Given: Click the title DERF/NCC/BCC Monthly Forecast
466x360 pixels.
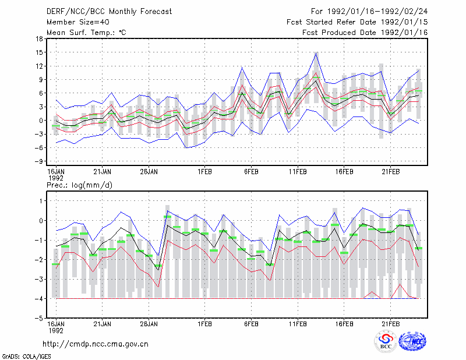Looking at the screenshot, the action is coord(109,12).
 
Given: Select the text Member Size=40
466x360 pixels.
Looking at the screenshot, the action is coord(78,22).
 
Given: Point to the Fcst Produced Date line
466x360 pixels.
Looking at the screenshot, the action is coord(365,33).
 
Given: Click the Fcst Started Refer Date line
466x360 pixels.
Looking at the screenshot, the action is coord(357,22).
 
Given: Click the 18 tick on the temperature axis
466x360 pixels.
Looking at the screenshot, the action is coord(39,38).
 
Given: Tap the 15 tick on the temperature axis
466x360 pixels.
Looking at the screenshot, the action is coord(39,52).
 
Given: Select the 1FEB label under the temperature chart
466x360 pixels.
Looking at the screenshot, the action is coord(204,172).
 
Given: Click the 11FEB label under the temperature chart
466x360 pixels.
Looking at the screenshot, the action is coord(298,172).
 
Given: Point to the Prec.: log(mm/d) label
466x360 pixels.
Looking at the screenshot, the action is coord(79,185).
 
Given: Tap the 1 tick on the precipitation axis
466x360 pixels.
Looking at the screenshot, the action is coord(41,201).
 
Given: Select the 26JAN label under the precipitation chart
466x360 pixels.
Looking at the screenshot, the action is coord(149,324).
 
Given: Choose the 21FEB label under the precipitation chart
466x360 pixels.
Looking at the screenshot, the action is coord(390,324).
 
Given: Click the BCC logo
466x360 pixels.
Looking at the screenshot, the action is coord(386,342).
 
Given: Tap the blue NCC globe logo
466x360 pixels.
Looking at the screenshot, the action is coord(412,341).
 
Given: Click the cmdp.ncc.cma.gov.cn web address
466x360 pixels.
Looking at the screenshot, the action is coord(96,344).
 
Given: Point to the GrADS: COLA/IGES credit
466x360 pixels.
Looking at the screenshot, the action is coord(26,357).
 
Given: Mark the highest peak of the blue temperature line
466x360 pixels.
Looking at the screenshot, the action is coord(316,53).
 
